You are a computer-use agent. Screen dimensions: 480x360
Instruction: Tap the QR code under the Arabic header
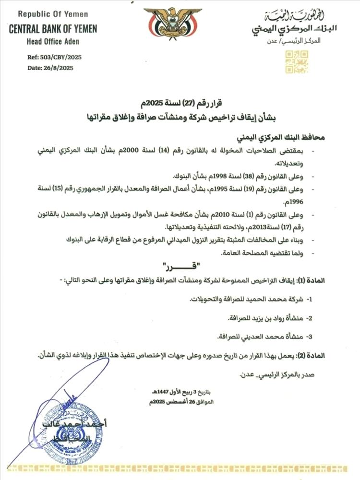click(x=297, y=61)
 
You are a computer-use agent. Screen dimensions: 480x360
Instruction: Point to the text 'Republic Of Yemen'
click(x=52, y=14)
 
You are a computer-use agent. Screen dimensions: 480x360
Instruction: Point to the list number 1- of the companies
click(x=309, y=299)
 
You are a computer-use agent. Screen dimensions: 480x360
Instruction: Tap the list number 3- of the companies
click(x=309, y=336)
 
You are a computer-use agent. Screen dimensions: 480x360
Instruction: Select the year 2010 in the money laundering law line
click(x=237, y=215)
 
